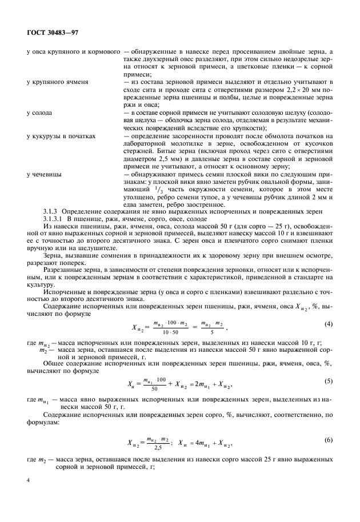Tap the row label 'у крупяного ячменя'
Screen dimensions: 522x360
(x=57, y=82)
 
